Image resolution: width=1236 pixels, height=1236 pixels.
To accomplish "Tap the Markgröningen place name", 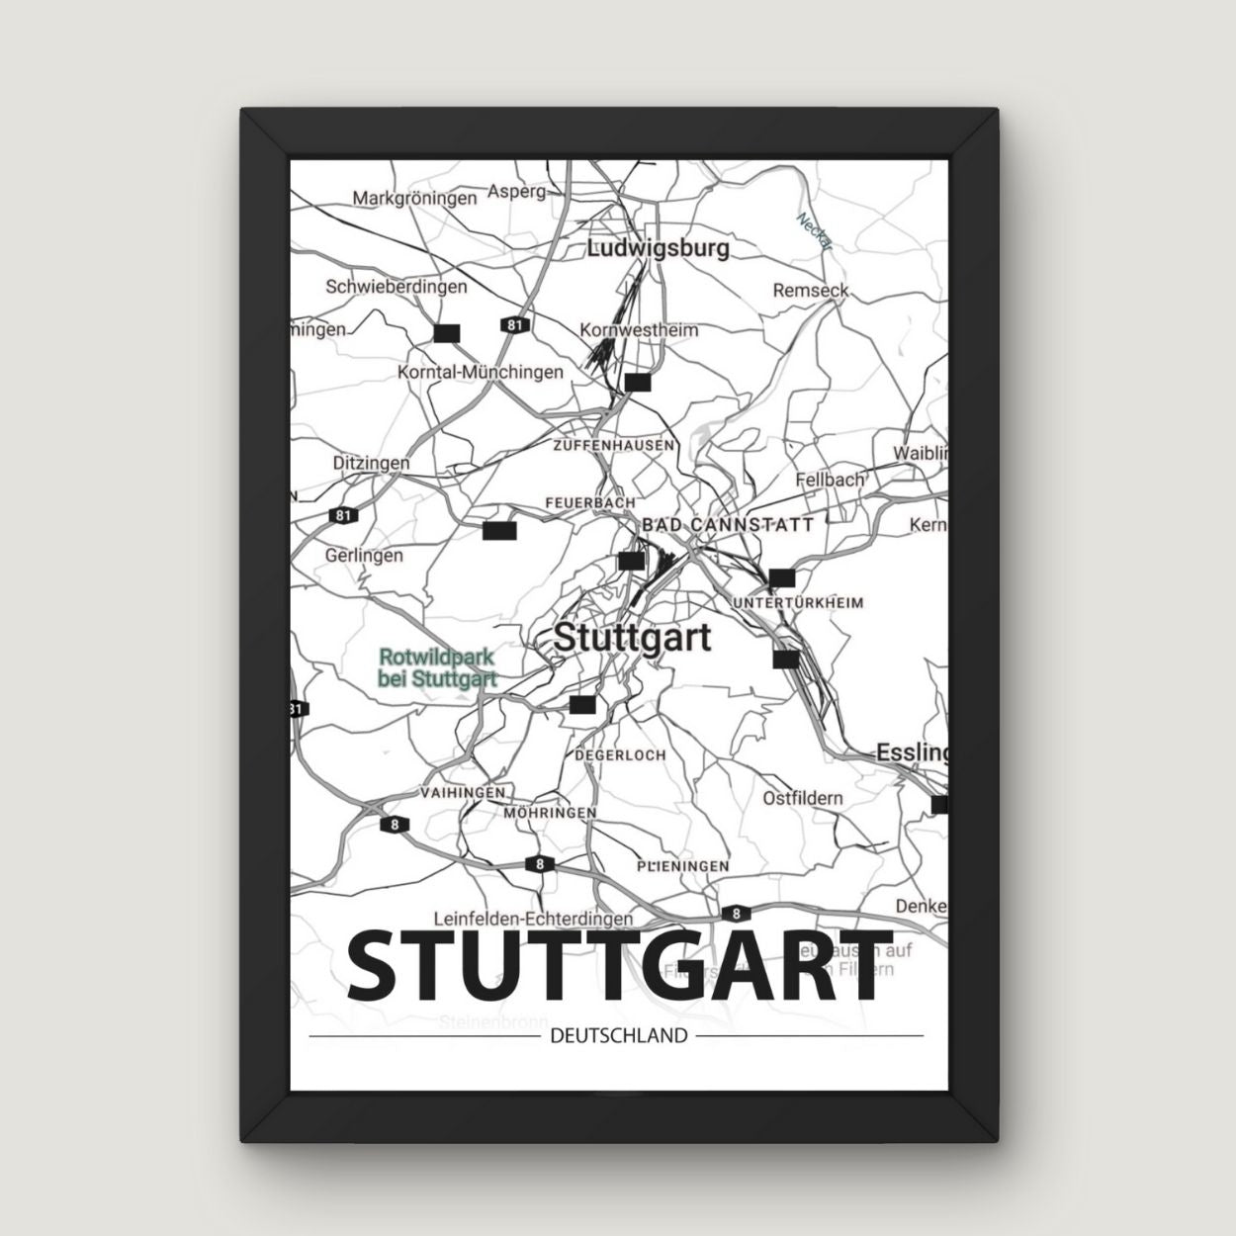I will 414,199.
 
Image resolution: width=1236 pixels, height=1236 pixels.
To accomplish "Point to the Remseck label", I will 811,291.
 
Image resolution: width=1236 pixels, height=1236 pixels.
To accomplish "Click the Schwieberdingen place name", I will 396,287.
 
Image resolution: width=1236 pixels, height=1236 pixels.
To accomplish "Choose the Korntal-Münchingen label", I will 480,372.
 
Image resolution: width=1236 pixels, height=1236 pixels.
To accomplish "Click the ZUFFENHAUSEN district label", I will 615,446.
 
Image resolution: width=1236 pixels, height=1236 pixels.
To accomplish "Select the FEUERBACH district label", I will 590,503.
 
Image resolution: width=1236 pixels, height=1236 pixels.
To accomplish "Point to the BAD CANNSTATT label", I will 728,524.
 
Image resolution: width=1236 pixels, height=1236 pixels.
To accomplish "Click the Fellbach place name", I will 830,480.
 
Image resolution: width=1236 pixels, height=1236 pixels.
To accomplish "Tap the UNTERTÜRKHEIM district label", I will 798,602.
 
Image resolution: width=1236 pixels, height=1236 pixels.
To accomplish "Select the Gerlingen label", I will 364,556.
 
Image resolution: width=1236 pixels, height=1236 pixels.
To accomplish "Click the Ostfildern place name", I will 802,798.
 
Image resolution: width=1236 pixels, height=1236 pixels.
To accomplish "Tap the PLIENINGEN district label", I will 683,866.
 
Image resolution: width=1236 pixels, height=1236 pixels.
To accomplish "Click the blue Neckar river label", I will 816,232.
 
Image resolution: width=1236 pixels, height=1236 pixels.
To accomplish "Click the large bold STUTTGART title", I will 617,965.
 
